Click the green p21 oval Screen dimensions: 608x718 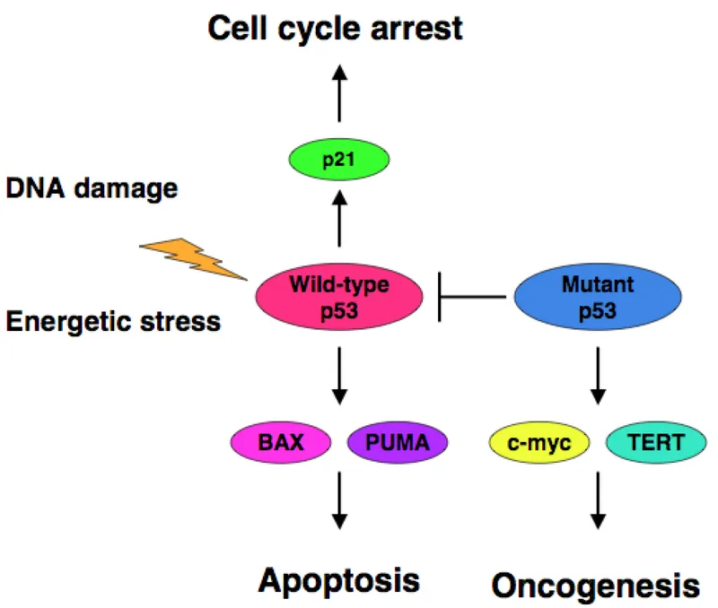339,161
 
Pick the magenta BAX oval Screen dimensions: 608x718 278,442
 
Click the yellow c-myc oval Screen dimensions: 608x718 539,442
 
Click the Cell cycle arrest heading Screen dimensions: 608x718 336,29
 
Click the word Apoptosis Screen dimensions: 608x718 339,579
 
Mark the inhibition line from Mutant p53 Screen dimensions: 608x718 470,296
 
